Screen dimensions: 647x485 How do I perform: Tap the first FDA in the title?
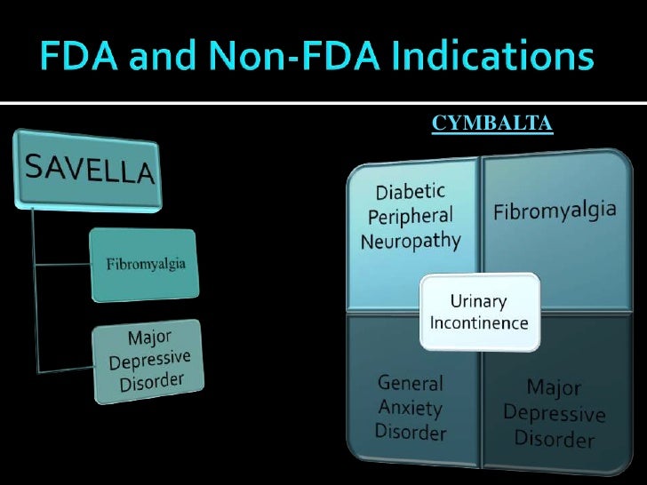(x=78, y=60)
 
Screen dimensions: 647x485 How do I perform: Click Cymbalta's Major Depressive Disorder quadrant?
(x=555, y=413)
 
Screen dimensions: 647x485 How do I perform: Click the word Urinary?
(x=480, y=302)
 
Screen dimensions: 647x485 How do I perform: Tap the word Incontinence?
(x=479, y=322)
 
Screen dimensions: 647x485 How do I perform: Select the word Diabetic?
(x=410, y=193)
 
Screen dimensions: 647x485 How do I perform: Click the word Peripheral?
(x=410, y=216)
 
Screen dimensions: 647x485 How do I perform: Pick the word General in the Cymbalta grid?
(x=411, y=384)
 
